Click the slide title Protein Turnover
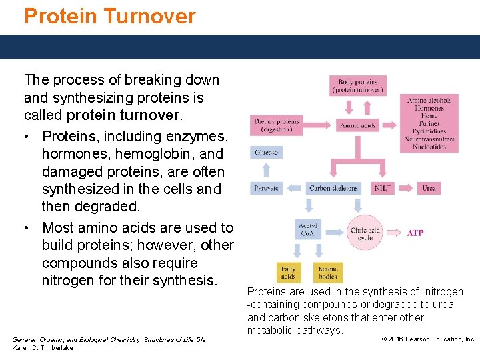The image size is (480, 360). (110, 15)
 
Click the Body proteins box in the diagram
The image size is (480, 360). (358, 85)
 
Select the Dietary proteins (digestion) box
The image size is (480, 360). (275, 125)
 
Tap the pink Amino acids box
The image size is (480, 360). (358, 125)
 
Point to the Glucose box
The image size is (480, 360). (266, 153)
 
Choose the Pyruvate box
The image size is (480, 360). (266, 188)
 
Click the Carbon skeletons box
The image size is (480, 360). (333, 188)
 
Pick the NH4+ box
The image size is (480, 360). (382, 188)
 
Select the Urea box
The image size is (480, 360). (429, 188)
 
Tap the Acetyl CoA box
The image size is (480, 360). (307, 229)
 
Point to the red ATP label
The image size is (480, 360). (415, 233)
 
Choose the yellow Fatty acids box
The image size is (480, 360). (288, 273)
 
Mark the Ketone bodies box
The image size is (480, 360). (327, 273)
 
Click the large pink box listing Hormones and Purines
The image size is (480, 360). (429, 123)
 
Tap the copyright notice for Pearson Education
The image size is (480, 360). (428, 339)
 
